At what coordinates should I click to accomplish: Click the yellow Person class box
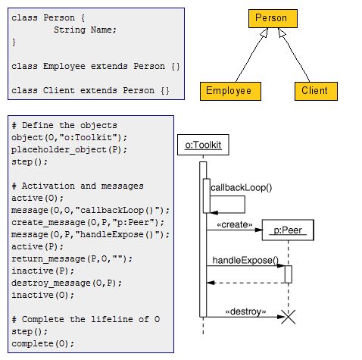[x=270, y=18]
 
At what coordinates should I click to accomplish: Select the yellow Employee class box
[x=229, y=91]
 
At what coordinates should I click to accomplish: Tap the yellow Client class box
[x=314, y=91]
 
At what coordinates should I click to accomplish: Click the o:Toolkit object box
[x=202, y=145]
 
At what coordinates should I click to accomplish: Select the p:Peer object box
[x=288, y=230]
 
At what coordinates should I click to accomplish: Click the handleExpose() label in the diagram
[x=245, y=260]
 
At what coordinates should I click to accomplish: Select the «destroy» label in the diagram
[x=245, y=311]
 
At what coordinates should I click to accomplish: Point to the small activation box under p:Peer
[x=288, y=274]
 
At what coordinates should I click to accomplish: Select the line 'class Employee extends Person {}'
[x=96, y=67]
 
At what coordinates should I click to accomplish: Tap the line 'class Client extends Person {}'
[x=90, y=91]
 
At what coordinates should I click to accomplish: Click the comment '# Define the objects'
[x=64, y=125]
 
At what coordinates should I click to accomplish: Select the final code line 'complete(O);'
[x=43, y=343]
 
